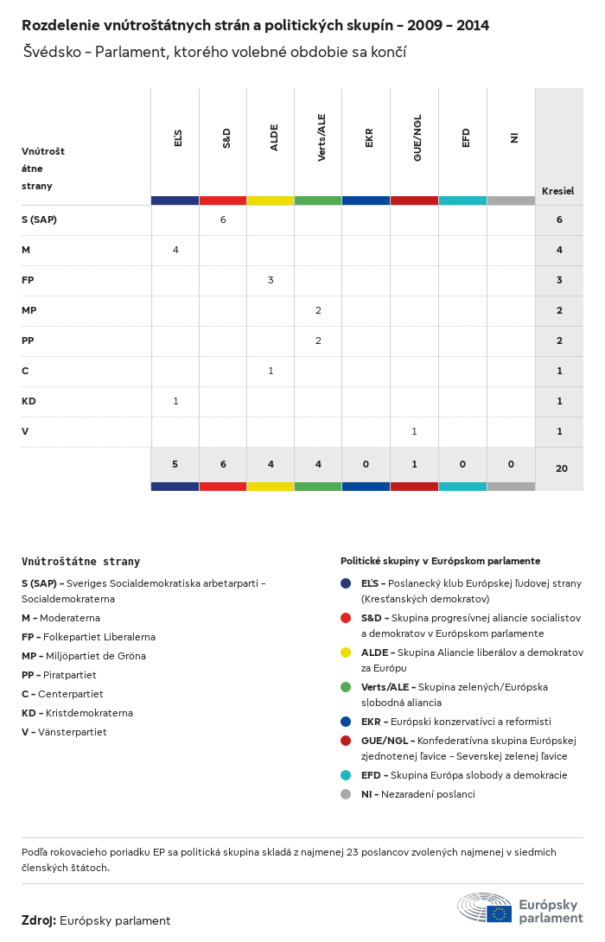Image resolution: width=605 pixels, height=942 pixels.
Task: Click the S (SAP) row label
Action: tap(40, 220)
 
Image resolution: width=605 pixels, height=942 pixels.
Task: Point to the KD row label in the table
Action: tap(29, 401)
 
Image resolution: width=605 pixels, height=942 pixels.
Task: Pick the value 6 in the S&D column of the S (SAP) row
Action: tap(223, 220)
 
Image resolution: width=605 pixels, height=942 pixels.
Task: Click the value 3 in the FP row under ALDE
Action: tap(271, 280)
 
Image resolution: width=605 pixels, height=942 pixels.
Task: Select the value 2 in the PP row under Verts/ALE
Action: tap(318, 341)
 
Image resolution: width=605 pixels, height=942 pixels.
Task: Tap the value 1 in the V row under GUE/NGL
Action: tap(414, 431)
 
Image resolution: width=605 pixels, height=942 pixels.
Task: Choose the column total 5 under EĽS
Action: tap(175, 464)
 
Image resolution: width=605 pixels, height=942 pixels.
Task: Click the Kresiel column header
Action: tap(558, 191)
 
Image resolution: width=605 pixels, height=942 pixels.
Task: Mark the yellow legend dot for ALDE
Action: tap(346, 652)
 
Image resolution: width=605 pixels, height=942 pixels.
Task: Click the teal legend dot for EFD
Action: tap(346, 775)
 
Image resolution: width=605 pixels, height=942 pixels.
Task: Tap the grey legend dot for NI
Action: tap(346, 794)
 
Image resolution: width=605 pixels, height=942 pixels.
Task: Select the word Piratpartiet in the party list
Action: tap(70, 675)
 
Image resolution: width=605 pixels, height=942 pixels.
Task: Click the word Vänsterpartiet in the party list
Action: tap(76, 732)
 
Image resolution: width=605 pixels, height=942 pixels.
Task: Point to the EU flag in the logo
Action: tap(499, 913)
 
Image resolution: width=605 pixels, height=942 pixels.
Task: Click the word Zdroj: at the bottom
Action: tap(39, 921)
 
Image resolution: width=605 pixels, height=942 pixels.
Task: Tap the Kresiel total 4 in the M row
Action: tap(559, 250)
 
